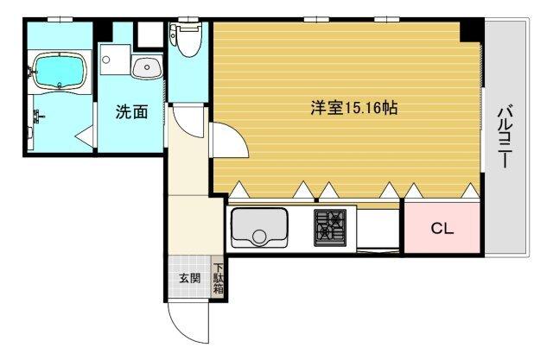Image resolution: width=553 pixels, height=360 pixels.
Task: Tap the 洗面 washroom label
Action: (x=131, y=112)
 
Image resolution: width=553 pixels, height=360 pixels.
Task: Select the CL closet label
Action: (x=442, y=230)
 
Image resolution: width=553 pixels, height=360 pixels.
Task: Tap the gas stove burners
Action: (x=329, y=226)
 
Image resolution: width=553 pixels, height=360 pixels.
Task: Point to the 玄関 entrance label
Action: (x=189, y=278)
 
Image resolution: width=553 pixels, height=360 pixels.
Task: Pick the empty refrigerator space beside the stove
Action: (x=378, y=228)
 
